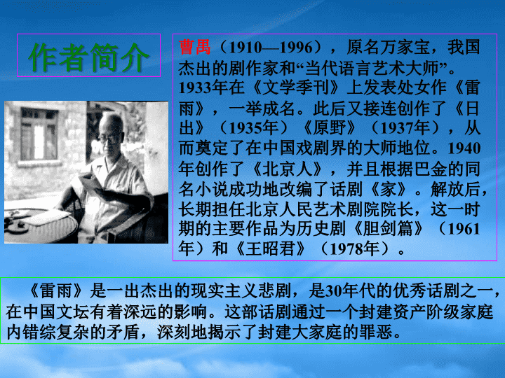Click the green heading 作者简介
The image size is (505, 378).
88,57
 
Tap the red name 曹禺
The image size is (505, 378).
194,47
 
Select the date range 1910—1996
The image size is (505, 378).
271,48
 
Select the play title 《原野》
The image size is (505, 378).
330,128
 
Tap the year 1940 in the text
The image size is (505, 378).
464,148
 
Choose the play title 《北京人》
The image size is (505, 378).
288,169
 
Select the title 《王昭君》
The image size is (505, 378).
271,248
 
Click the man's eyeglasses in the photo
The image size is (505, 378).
108,139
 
